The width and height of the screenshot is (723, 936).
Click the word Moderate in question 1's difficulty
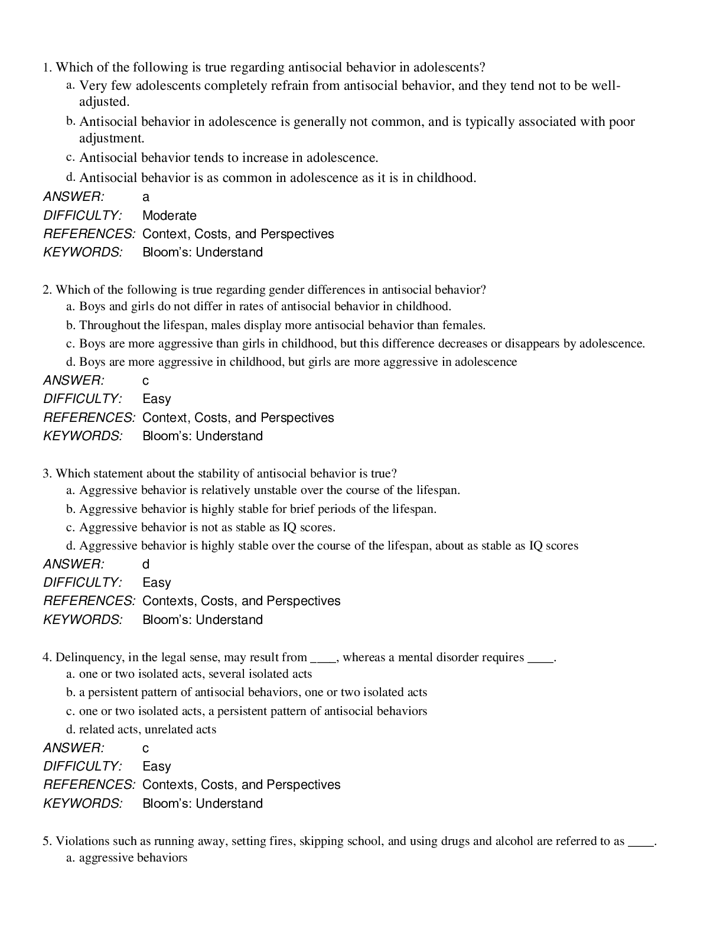tap(169, 216)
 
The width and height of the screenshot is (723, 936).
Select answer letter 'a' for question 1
tap(146, 197)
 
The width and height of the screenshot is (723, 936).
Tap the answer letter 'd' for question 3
tap(146, 564)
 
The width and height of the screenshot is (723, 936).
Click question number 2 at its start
tap(47, 290)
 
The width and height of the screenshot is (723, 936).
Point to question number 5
tap(47, 841)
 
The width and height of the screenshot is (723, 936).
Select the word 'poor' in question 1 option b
tap(622, 122)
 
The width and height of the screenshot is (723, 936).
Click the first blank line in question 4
tap(323, 658)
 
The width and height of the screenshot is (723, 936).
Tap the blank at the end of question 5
tap(641, 842)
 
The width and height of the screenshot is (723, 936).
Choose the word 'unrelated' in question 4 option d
tap(169, 729)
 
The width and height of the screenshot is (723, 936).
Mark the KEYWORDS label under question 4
tap(83, 804)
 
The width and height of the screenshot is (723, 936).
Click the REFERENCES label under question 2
tap(89, 418)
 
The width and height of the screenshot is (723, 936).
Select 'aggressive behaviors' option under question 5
tap(133, 857)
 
